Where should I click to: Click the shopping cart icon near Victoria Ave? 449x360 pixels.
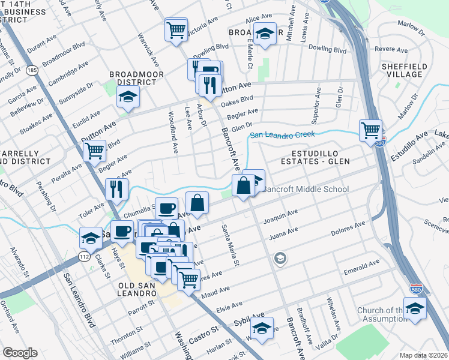click(176, 29)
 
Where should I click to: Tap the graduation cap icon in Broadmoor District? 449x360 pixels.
click(127, 96)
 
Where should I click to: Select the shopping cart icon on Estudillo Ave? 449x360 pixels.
click(370, 130)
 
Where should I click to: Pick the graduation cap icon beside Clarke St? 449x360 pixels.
click(91, 238)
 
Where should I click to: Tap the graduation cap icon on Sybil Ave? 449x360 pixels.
click(262, 328)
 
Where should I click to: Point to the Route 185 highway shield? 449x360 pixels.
click(31, 71)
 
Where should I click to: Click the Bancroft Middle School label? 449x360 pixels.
click(306, 190)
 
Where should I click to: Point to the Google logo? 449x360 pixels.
click(20, 353)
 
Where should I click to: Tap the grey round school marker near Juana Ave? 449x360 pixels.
click(279, 259)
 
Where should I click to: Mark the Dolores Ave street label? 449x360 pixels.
click(348, 229)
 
